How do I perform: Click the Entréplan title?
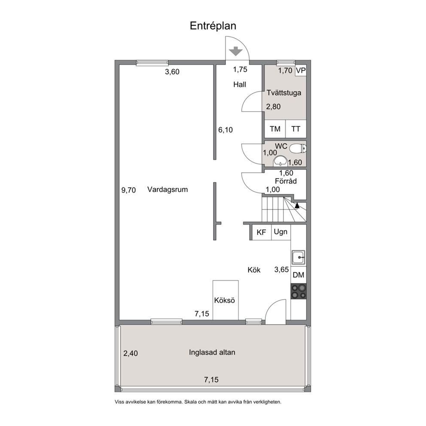[213, 26]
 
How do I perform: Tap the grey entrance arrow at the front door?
[235, 51]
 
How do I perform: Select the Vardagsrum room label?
[167, 189]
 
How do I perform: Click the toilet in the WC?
[298, 149]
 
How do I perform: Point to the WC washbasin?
[280, 161]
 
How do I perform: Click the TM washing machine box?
[275, 129]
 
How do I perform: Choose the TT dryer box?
[296, 129]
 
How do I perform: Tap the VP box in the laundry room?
[301, 70]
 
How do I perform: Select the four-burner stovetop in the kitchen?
[298, 291]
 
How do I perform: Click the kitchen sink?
[298, 257]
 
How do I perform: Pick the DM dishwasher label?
[298, 275]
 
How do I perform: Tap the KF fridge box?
[262, 232]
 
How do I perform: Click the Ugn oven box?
[281, 232]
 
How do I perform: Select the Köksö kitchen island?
[225, 300]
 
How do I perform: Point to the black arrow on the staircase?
[297, 206]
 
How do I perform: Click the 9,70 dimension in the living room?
[128, 190]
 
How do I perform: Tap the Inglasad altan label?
[212, 353]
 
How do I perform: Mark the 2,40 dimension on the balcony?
[131, 353]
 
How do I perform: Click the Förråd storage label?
[286, 181]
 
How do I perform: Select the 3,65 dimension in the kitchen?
[281, 270]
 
